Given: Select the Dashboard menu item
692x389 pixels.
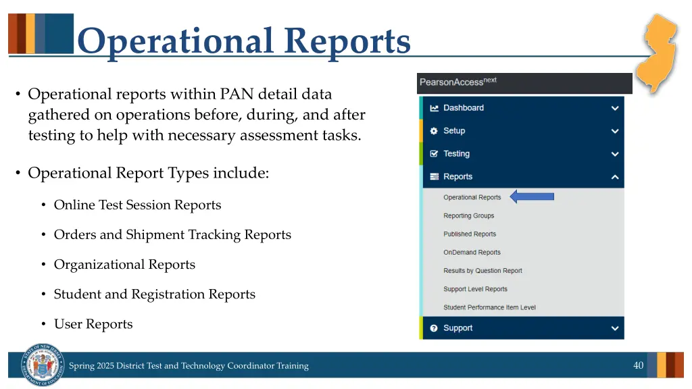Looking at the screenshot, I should tap(463, 108).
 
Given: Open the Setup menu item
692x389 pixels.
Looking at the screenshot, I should tap(453, 131).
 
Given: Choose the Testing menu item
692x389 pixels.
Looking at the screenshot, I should tap(456, 154).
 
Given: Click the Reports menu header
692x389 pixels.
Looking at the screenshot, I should tap(458, 177).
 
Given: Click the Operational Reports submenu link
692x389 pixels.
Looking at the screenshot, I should tap(472, 198).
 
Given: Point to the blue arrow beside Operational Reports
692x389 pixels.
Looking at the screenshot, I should tap(531, 197).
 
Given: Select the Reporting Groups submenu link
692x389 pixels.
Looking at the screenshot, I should tap(468, 216).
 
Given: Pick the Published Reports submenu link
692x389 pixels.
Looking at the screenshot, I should tap(469, 234).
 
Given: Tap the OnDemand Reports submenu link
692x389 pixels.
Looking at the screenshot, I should tap(472, 253).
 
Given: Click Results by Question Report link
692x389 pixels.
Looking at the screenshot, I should tap(483, 271).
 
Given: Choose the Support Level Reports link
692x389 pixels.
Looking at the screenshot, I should tap(475, 289).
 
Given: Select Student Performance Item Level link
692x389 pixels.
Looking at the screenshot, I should tap(489, 307).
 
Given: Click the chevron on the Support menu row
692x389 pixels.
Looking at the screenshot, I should tap(614, 329).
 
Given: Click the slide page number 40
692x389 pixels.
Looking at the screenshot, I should tap(638, 365).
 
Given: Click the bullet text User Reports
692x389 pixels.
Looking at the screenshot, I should tap(93, 324).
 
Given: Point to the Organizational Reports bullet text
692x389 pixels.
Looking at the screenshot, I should tap(124, 265).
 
